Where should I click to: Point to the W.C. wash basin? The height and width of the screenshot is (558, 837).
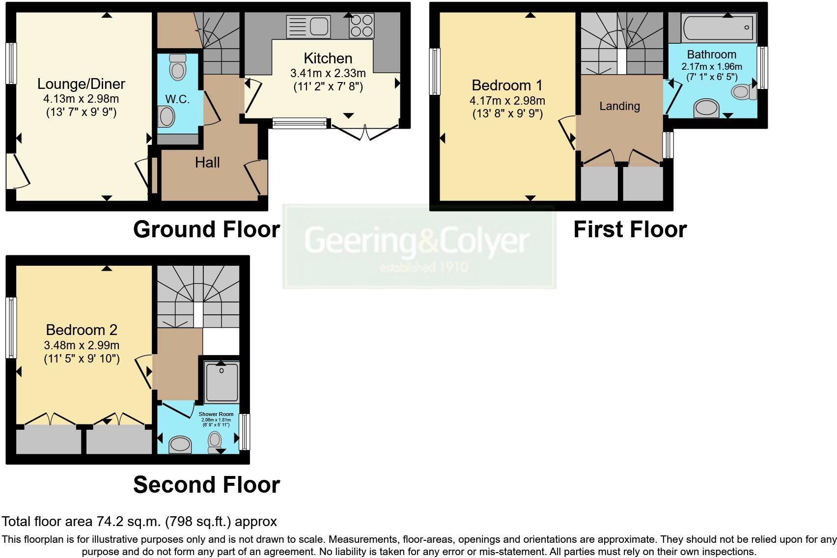pyautogui.click(x=167, y=117)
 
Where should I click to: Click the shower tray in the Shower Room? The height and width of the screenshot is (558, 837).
pyautogui.click(x=222, y=382)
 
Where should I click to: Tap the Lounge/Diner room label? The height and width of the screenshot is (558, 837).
pyautogui.click(x=81, y=84)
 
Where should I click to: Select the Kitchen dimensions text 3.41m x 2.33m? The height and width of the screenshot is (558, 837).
pyautogui.click(x=328, y=74)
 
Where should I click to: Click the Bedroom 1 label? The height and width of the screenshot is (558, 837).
pyautogui.click(x=507, y=85)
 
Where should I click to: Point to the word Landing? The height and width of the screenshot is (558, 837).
pyautogui.click(x=619, y=106)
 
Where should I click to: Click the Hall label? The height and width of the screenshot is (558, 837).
pyautogui.click(x=207, y=163)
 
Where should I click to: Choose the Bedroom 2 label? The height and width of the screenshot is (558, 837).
pyautogui.click(x=82, y=330)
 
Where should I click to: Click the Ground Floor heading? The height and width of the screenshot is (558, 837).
pyautogui.click(x=206, y=229)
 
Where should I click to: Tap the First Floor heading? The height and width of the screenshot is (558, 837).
pyautogui.click(x=630, y=229)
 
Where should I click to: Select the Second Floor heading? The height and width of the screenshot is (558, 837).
pyautogui.click(x=206, y=485)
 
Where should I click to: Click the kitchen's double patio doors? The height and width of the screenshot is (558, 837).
pyautogui.click(x=365, y=132)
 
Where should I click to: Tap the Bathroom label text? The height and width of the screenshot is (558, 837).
pyautogui.click(x=711, y=55)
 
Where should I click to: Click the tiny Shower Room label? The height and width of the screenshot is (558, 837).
pyautogui.click(x=216, y=414)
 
